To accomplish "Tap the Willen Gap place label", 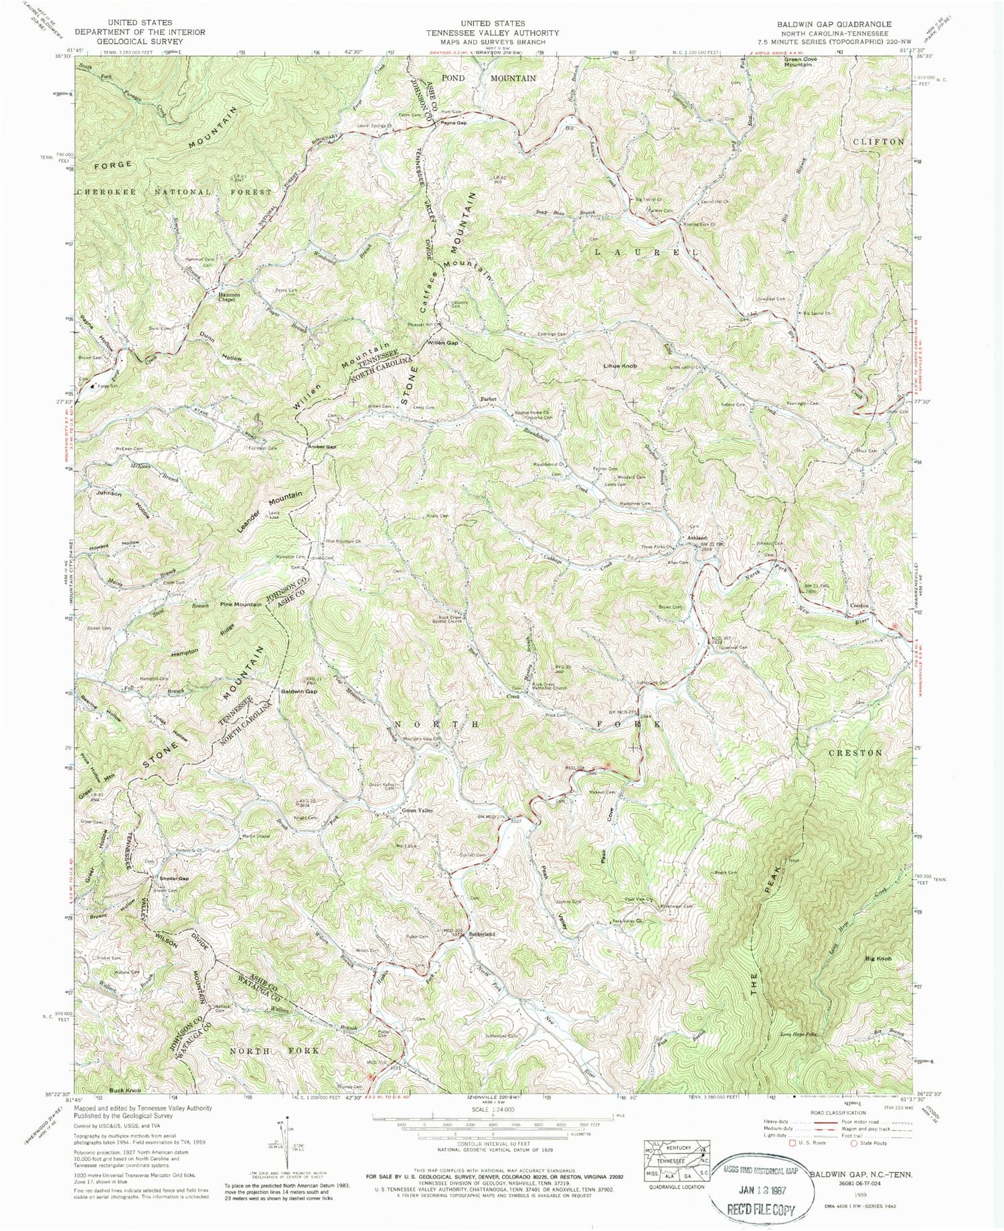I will pyautogui.click(x=443, y=343).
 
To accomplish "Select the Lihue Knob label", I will pyautogui.click(x=620, y=366).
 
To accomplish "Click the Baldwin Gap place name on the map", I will pyautogui.click(x=299, y=691).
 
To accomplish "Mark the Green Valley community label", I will pyautogui.click(x=418, y=811).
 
